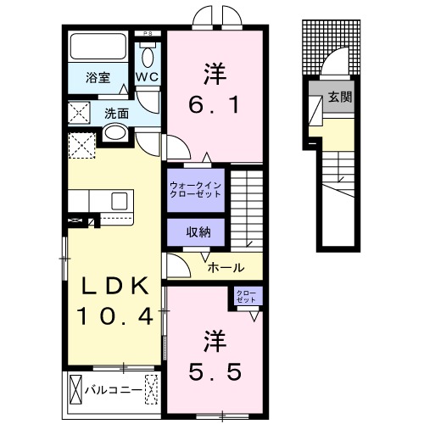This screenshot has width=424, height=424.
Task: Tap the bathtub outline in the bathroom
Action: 98,46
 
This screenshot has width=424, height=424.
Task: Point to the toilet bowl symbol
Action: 148,57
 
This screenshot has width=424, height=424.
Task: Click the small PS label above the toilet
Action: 149,34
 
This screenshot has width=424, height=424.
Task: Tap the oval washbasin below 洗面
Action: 115,133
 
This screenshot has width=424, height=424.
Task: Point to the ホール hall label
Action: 227,266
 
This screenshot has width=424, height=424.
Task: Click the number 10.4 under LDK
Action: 114,316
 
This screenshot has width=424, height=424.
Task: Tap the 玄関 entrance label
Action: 340,98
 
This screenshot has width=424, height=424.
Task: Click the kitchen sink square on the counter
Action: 119,200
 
